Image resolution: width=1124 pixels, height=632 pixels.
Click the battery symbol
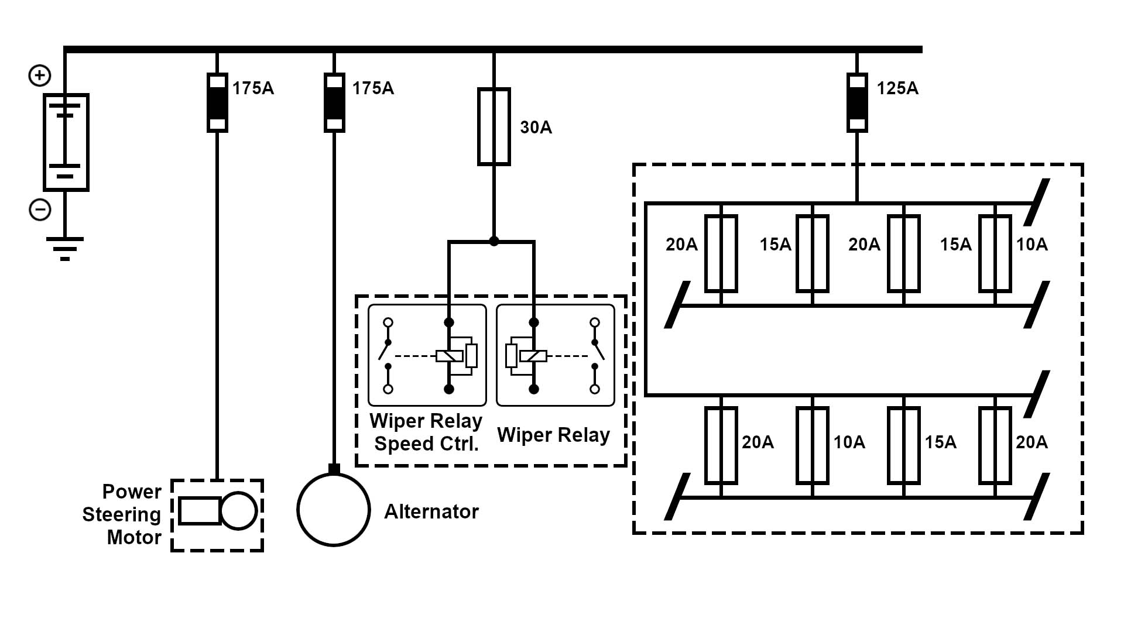click(x=66, y=142)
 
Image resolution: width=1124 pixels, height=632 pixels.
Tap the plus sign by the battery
click(x=40, y=75)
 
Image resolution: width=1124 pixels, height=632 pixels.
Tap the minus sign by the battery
click(x=40, y=209)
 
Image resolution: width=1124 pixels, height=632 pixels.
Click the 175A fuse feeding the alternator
click(x=334, y=102)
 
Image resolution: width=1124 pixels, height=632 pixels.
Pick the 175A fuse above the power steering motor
click(x=217, y=102)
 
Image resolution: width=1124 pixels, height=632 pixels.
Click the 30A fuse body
click(x=494, y=126)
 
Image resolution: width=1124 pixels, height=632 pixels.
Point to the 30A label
click(x=536, y=128)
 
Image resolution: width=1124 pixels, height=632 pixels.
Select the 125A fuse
click(x=857, y=102)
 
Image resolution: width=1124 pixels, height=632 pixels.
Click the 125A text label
click(x=897, y=88)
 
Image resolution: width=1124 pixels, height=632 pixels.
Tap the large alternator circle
click(x=334, y=510)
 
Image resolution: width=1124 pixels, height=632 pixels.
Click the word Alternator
click(x=431, y=512)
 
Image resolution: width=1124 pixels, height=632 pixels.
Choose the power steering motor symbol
click(x=217, y=511)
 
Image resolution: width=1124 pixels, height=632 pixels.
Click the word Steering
click(x=121, y=515)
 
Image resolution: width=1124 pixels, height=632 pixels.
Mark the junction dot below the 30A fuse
click(x=494, y=241)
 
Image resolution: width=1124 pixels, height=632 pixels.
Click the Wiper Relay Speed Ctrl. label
click(x=426, y=432)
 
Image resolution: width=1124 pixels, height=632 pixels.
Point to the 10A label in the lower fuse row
click(x=849, y=442)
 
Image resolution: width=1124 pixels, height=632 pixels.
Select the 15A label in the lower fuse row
click(x=940, y=442)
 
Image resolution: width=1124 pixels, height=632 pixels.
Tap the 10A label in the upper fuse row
click(x=1032, y=244)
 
